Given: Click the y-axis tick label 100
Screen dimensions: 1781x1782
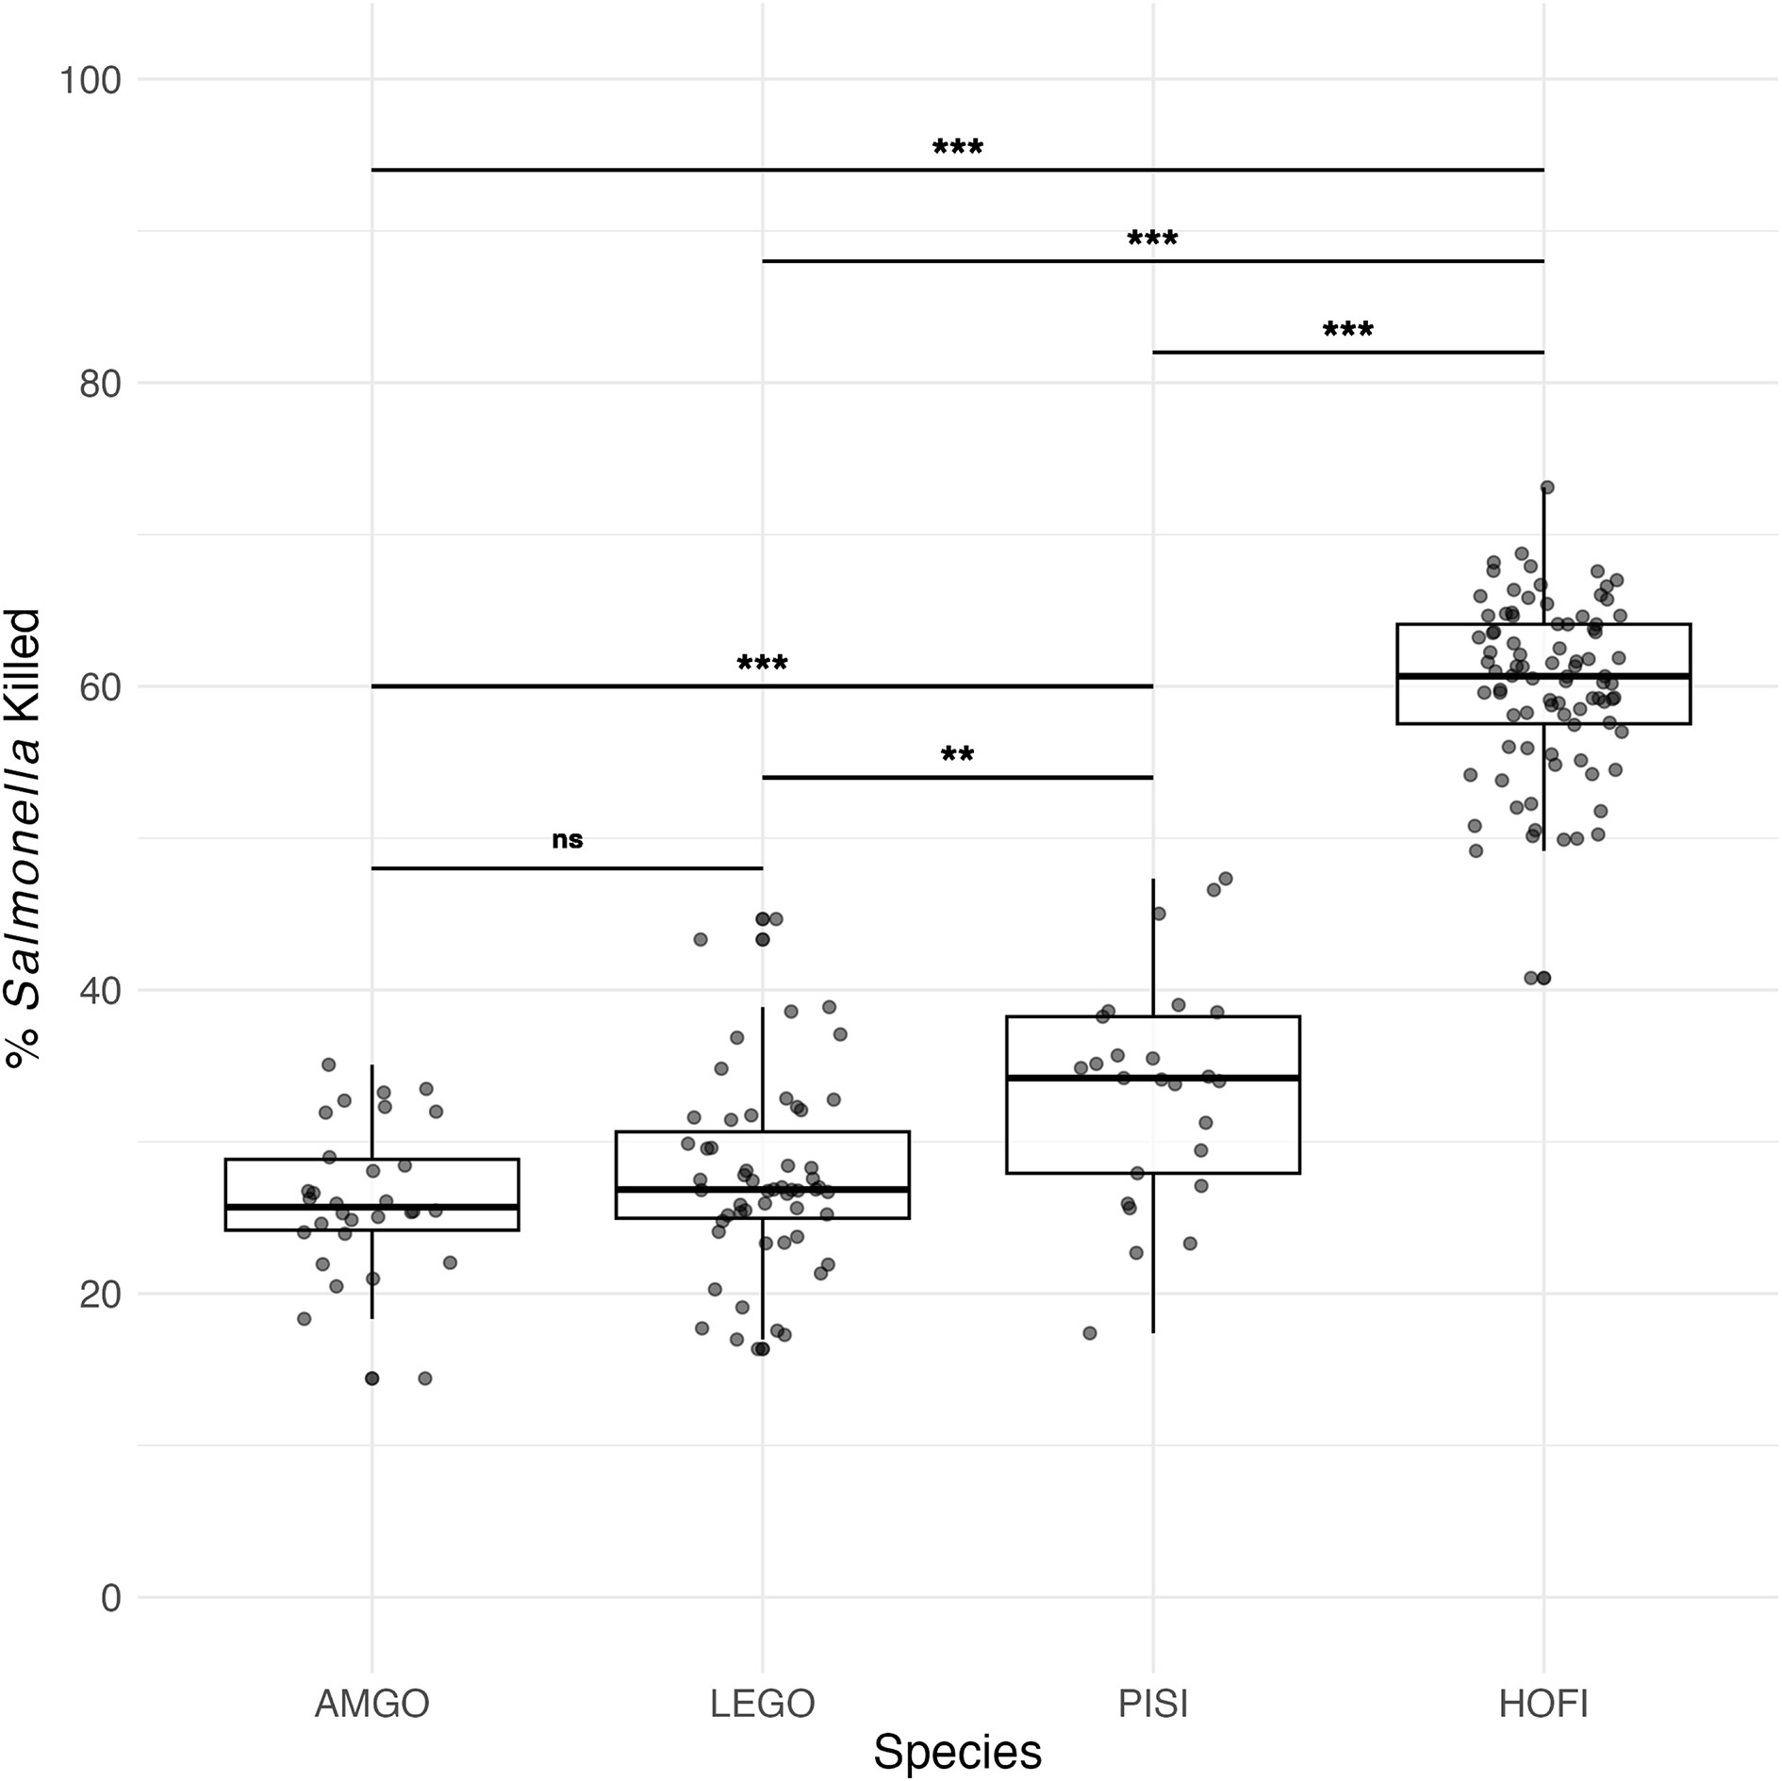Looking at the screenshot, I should click(91, 81).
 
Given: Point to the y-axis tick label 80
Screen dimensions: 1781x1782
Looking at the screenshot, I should click(100, 385).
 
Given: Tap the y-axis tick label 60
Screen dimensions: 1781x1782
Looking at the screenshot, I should click(100, 688).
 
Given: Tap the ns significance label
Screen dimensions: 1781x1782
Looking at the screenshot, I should click(567, 840).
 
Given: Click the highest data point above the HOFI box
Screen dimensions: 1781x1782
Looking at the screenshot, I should click(1546, 487).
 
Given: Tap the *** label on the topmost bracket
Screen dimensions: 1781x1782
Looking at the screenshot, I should click(957, 149).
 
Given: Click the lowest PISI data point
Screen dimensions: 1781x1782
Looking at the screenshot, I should click(1089, 1333).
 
